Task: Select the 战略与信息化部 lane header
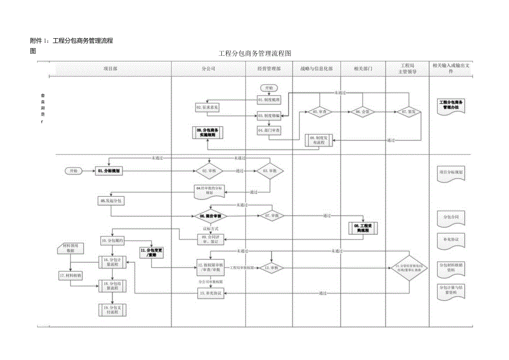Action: (x=316, y=68)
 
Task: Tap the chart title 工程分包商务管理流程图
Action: (x=254, y=53)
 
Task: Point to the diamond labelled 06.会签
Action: (x=362, y=112)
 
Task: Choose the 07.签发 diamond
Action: (x=408, y=112)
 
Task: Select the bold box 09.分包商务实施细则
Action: (x=206, y=133)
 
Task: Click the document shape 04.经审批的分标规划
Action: (x=208, y=191)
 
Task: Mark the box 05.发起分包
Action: (x=111, y=200)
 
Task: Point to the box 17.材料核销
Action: (x=70, y=275)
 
